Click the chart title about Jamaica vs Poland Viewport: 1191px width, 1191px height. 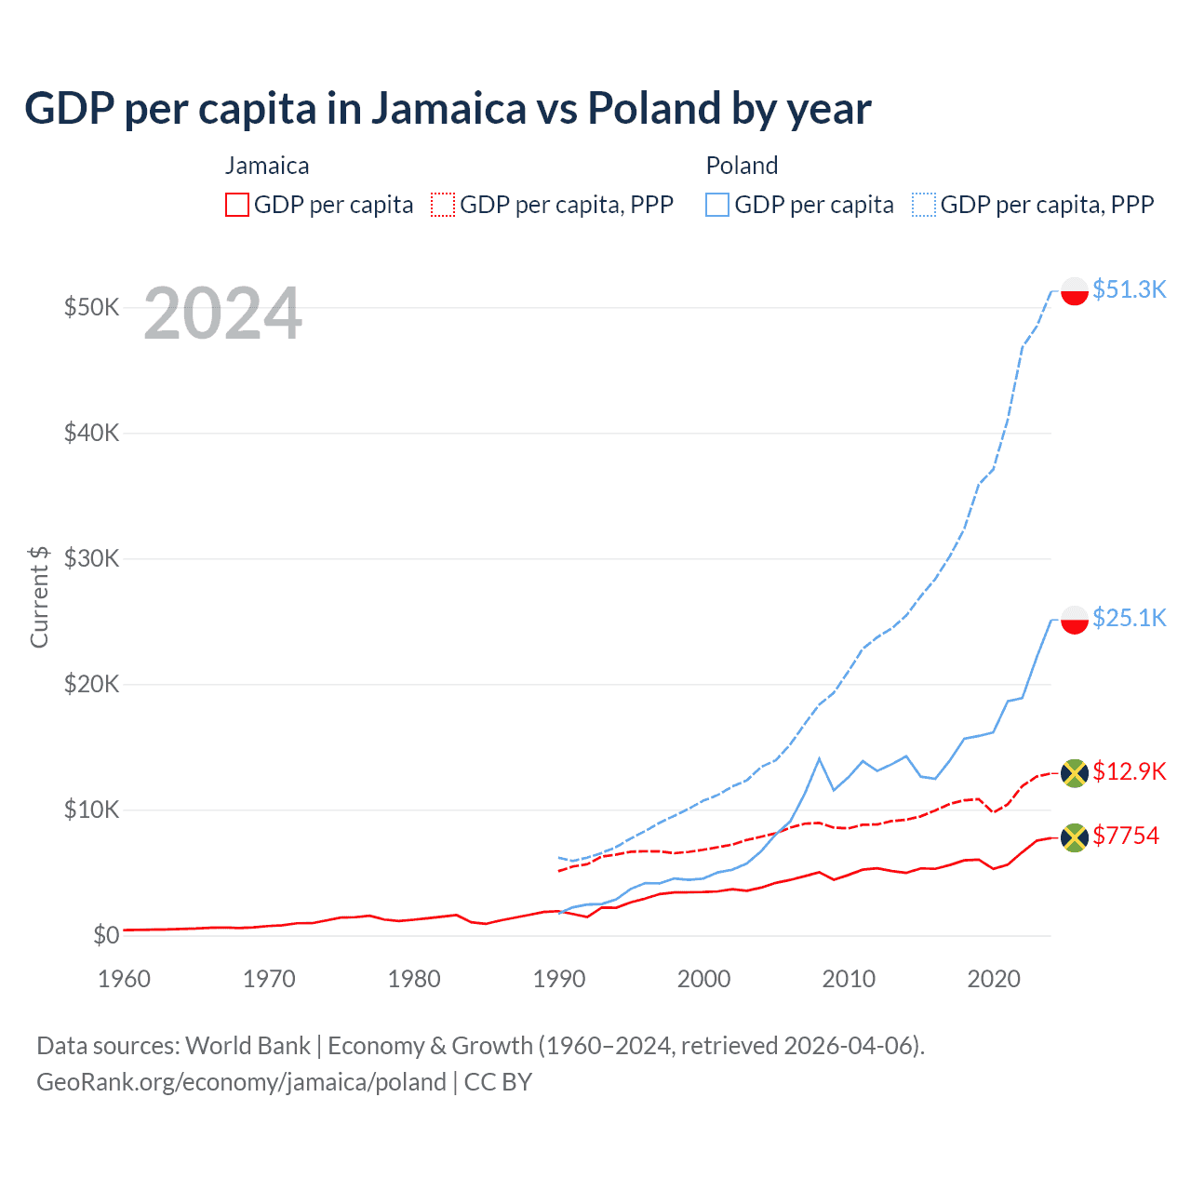pyautogui.click(x=448, y=109)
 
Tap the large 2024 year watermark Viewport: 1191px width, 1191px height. pyautogui.click(x=222, y=314)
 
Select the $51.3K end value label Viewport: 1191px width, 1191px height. pyautogui.click(x=1129, y=289)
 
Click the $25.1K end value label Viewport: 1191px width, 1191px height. pyautogui.click(x=1129, y=618)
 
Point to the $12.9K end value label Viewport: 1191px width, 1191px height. pyautogui.click(x=1129, y=771)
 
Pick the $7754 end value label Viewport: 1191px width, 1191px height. pyautogui.click(x=1126, y=836)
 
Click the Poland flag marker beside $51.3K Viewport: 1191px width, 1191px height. pyautogui.click(x=1075, y=291)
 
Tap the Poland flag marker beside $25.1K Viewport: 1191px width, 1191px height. pyautogui.click(x=1075, y=620)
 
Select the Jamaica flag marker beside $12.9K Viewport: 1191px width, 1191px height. pyautogui.click(x=1075, y=773)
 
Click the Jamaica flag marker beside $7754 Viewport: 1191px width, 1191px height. pyautogui.click(x=1075, y=837)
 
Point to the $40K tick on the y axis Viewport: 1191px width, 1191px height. pyautogui.click(x=91, y=433)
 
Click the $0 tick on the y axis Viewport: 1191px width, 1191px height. pyautogui.click(x=105, y=935)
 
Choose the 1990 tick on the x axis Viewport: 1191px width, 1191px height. pyautogui.click(x=559, y=979)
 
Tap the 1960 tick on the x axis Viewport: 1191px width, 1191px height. pyautogui.click(x=124, y=979)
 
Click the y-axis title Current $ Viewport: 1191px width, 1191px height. pyautogui.click(x=39, y=596)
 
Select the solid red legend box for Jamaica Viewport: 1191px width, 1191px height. pyautogui.click(x=237, y=205)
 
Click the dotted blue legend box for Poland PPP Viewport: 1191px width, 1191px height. pyautogui.click(x=924, y=205)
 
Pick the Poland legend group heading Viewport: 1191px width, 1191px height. pyautogui.click(x=742, y=166)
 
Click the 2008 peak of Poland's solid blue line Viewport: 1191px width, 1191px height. pyautogui.click(x=819, y=759)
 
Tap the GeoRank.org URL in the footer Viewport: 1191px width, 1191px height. pyautogui.click(x=241, y=1082)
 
